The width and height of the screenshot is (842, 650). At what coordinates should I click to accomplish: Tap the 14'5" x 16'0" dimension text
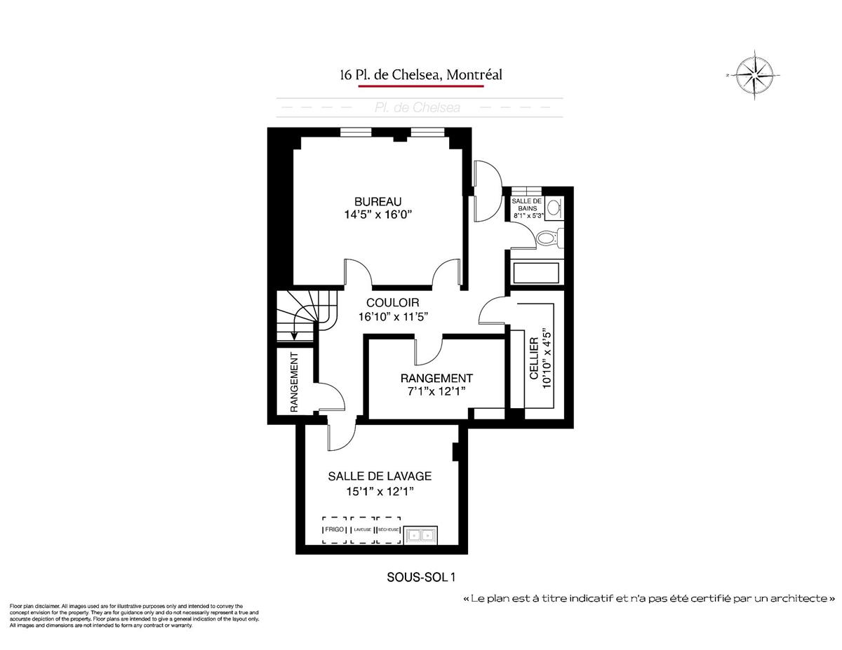click(x=373, y=215)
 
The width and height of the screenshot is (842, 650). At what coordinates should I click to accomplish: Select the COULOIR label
click(x=393, y=302)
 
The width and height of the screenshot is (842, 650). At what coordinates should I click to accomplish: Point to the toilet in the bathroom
click(x=547, y=238)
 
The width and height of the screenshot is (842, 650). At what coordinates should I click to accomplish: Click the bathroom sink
click(x=554, y=207)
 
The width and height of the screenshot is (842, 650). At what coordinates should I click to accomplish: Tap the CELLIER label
click(x=535, y=358)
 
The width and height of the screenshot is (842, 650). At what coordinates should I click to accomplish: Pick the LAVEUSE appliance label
click(x=362, y=529)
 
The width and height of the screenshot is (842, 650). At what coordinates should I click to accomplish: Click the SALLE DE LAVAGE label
click(x=380, y=476)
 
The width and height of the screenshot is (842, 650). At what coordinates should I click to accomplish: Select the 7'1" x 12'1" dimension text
click(x=436, y=391)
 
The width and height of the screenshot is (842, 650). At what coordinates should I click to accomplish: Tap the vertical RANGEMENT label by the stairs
click(x=295, y=382)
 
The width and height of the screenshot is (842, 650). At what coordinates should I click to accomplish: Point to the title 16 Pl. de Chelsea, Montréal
click(x=421, y=74)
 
